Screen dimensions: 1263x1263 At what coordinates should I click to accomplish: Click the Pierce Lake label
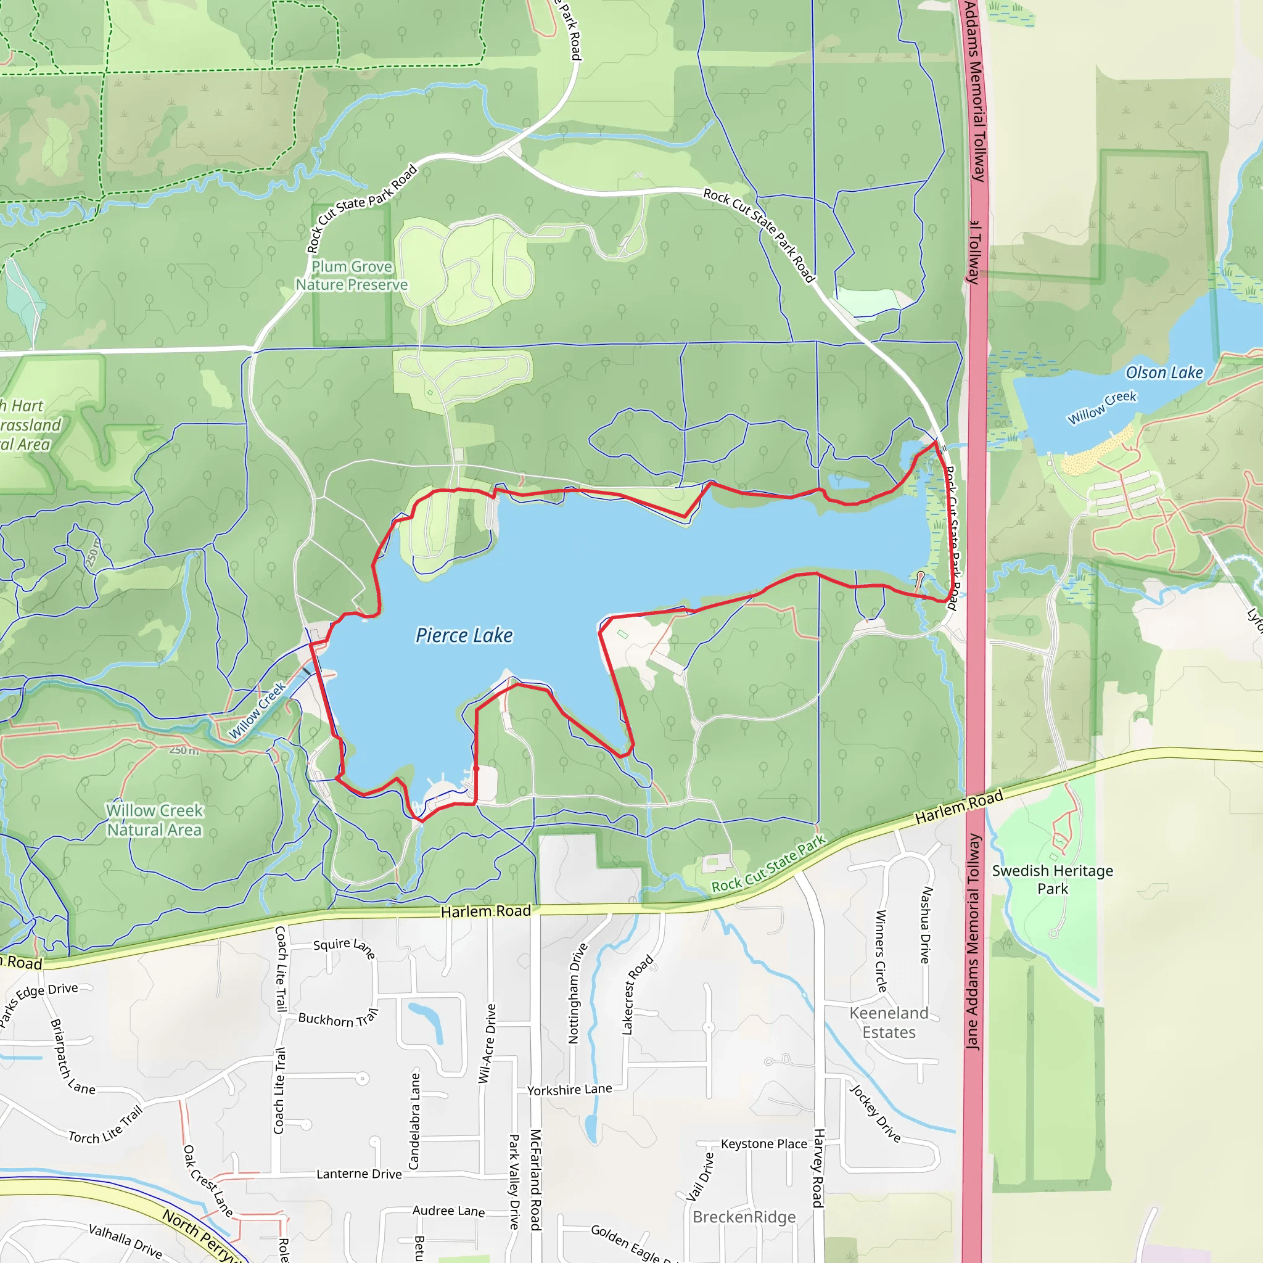tap(464, 635)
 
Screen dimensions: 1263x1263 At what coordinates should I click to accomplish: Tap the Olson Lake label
tap(1164, 372)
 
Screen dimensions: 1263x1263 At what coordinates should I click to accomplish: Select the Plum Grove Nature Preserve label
tap(352, 276)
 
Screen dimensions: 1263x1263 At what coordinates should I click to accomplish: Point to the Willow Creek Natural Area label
tap(155, 820)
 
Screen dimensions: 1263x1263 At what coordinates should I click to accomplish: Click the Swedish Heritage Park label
tap(1053, 879)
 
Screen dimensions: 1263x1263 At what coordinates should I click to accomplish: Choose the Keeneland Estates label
tap(889, 1022)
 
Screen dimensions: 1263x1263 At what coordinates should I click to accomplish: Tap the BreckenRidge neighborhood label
tap(744, 1217)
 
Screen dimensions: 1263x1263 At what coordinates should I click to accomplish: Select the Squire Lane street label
tap(345, 947)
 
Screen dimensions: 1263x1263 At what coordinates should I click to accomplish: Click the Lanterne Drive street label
tap(359, 1174)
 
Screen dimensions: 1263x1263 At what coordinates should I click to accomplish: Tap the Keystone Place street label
tap(763, 1144)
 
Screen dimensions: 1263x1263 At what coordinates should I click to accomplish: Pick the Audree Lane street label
tap(448, 1211)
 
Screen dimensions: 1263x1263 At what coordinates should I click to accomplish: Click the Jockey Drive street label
tap(875, 1113)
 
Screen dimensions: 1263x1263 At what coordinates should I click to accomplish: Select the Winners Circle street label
tap(881, 951)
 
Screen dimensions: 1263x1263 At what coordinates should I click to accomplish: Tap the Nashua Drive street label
tap(926, 925)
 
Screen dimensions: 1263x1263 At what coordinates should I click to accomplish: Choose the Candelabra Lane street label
tap(414, 1121)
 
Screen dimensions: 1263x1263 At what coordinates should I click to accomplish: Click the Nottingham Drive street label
tap(578, 993)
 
